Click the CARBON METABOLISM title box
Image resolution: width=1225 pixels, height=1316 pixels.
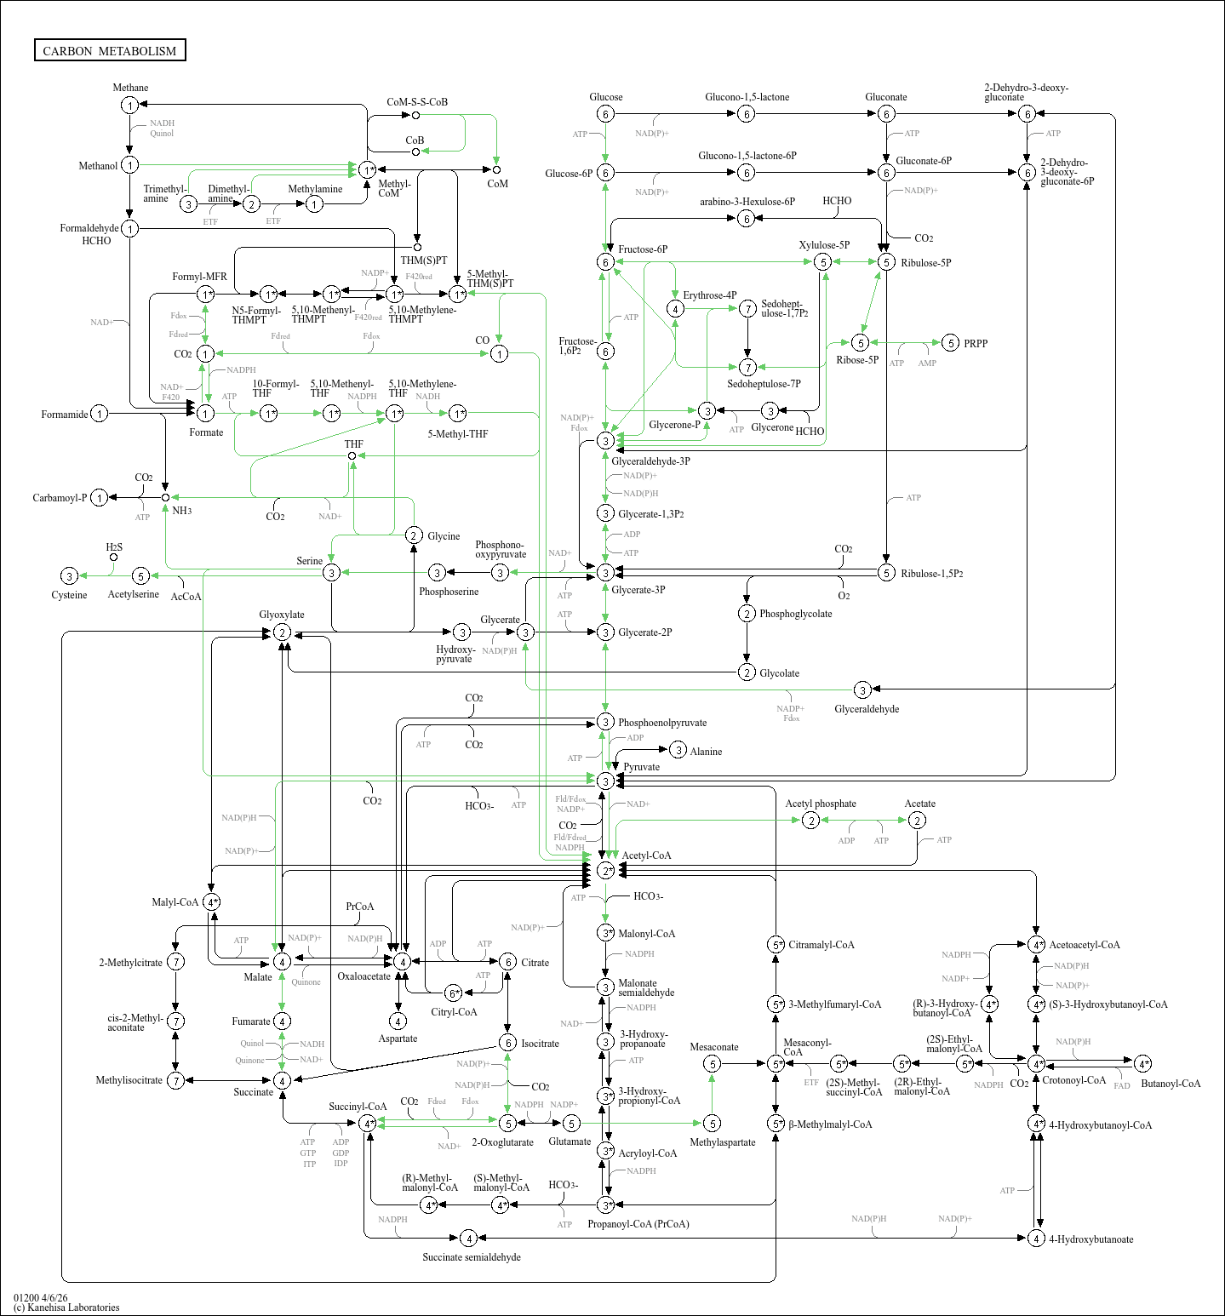point(110,51)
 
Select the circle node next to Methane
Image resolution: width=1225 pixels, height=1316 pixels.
point(129,106)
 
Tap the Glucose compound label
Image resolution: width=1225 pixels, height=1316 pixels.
point(605,97)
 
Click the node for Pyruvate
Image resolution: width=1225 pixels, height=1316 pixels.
point(605,781)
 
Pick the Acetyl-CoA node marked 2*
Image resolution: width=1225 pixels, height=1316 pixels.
point(605,870)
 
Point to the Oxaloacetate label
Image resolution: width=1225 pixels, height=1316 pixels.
point(363,976)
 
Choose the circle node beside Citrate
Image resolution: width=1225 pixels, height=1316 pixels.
point(507,962)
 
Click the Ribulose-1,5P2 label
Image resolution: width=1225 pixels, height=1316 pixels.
point(932,574)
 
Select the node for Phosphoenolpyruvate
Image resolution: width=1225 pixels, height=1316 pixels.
point(605,722)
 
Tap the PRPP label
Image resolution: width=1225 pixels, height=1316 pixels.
point(976,344)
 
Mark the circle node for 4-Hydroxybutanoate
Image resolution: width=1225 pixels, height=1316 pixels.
point(1036,1239)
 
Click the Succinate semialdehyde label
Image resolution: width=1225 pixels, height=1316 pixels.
point(472,1257)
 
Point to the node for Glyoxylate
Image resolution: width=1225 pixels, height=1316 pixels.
point(282,632)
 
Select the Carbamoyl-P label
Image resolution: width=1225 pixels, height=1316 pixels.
point(60,498)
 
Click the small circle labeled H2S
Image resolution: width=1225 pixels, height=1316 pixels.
point(113,558)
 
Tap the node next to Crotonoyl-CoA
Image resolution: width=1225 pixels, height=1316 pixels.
point(1036,1063)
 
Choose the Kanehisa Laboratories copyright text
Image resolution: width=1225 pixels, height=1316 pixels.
point(67,1307)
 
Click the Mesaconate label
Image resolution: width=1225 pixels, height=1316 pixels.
point(713,1047)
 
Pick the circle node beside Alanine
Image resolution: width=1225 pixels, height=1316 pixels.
point(678,750)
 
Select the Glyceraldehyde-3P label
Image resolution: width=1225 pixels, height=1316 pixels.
point(650,461)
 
